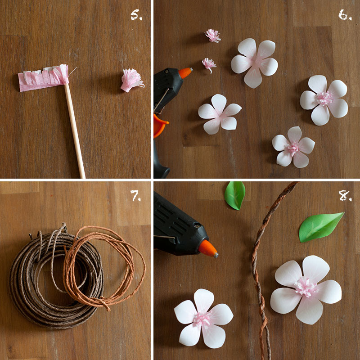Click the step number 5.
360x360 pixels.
tap(136, 16)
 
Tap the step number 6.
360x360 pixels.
tap(345, 16)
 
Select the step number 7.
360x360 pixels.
tap(136, 196)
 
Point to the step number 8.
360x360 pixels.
tap(345, 196)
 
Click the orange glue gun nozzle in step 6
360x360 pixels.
tap(185, 72)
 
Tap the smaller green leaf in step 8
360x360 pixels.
tap(234, 195)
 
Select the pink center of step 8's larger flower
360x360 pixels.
tap(306, 287)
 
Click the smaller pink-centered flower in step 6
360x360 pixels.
tap(293, 147)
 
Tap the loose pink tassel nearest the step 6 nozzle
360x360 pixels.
tap(208, 64)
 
